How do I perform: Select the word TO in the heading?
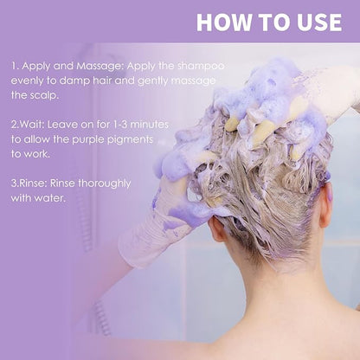pyautogui.click(x=273, y=22)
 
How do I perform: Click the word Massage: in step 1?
pyautogui.click(x=100, y=67)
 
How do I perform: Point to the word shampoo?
pyautogui.click(x=201, y=67)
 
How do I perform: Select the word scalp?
pyautogui.click(x=42, y=95)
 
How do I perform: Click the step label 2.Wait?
pyautogui.click(x=28, y=125)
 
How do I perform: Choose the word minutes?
pyautogui.click(x=149, y=125)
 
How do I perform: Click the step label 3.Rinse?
pyautogui.click(x=29, y=183)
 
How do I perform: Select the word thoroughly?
pyautogui.click(x=105, y=184)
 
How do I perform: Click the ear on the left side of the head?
pyautogui.click(x=216, y=228)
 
